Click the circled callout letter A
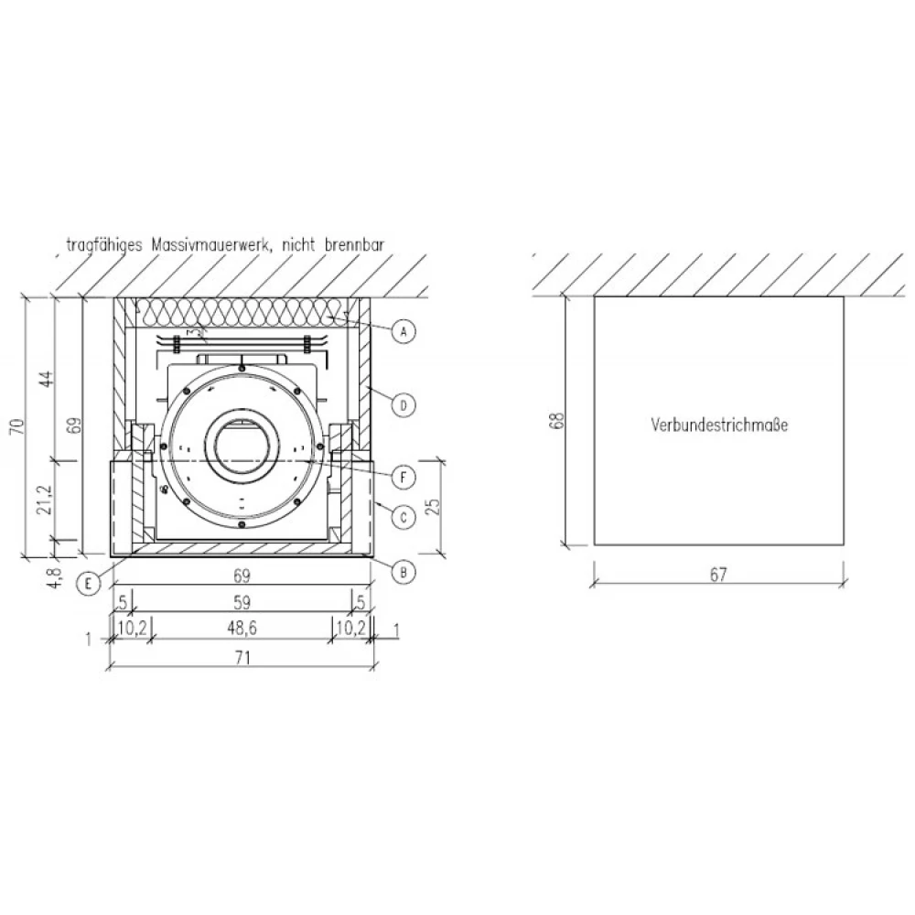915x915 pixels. click(x=404, y=332)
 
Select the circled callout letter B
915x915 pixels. click(x=404, y=573)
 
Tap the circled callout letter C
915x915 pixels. click(x=404, y=517)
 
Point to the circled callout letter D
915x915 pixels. click(x=404, y=405)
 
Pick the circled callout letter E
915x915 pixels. click(x=88, y=583)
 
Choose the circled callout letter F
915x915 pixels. click(x=404, y=478)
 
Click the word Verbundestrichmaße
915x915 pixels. click(x=719, y=425)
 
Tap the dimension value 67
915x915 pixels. click(x=717, y=575)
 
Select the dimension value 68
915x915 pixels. click(x=558, y=421)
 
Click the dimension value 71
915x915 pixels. click(x=242, y=658)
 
